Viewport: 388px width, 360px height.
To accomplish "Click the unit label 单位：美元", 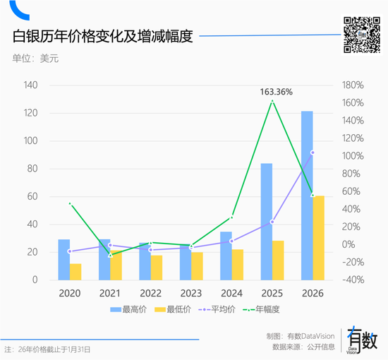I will pos(35,59).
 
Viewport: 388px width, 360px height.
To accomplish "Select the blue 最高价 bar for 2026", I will pos(307,196).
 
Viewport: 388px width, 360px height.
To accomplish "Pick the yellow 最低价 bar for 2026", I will pos(319,238).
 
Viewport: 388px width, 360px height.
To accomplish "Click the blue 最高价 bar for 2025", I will pos(267,222).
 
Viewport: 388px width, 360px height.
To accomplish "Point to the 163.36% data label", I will pos(276,92).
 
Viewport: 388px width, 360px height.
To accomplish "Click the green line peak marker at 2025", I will pos(272,101).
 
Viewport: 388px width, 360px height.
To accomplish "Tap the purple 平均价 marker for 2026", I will pos(313,152).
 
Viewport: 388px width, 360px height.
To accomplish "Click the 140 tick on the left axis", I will pos(30,85).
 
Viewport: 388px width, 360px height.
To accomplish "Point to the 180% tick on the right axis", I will pos(353,85).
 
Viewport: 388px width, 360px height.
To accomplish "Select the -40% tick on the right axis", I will pos(352,280).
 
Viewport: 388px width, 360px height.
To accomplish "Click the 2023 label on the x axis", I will pos(191,293).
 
